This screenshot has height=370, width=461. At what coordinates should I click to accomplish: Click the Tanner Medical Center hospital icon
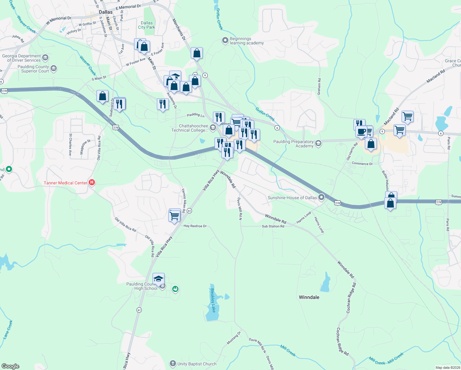(x=92, y=183)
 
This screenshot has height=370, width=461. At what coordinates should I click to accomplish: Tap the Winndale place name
(x=309, y=297)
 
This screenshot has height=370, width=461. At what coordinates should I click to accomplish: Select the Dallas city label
(x=106, y=12)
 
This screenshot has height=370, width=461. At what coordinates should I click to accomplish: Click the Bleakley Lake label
(x=213, y=300)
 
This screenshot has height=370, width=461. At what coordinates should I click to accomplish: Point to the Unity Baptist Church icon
(x=173, y=364)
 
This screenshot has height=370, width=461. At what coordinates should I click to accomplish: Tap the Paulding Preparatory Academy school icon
(x=318, y=143)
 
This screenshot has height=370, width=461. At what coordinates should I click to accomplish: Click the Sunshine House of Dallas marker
(x=321, y=197)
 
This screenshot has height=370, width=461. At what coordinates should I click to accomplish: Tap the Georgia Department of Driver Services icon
(x=45, y=57)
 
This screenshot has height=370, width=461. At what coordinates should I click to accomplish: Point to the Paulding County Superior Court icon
(x=54, y=68)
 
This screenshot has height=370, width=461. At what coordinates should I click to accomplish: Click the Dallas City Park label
(x=147, y=25)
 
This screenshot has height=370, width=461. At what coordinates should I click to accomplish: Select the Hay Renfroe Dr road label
(x=195, y=226)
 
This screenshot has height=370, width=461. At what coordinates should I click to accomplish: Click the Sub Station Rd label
(x=273, y=226)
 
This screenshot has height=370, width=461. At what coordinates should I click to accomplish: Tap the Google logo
(x=10, y=366)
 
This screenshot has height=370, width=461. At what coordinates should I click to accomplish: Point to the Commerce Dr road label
(x=362, y=164)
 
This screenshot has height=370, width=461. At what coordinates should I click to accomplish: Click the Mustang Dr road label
(x=234, y=338)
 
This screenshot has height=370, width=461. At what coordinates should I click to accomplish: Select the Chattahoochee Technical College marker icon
(x=213, y=127)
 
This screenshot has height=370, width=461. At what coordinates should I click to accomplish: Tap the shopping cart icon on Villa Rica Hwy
(x=174, y=216)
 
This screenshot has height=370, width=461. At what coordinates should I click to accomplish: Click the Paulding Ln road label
(x=196, y=115)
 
